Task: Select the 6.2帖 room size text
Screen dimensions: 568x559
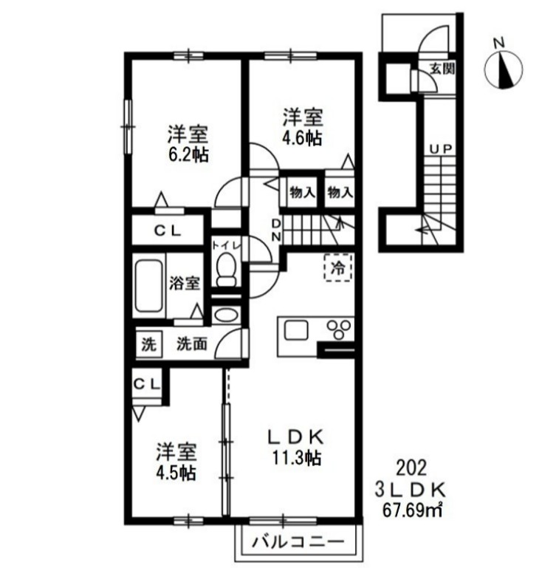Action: click(186, 154)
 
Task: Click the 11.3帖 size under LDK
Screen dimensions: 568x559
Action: click(294, 457)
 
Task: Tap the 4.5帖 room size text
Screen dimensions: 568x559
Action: click(176, 473)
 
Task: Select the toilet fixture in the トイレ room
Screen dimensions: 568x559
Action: click(226, 271)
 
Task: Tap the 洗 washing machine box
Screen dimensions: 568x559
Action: click(149, 343)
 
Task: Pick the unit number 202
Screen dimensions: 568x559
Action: click(411, 467)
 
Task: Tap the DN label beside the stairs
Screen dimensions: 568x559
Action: click(275, 230)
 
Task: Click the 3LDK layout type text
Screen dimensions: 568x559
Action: click(411, 488)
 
